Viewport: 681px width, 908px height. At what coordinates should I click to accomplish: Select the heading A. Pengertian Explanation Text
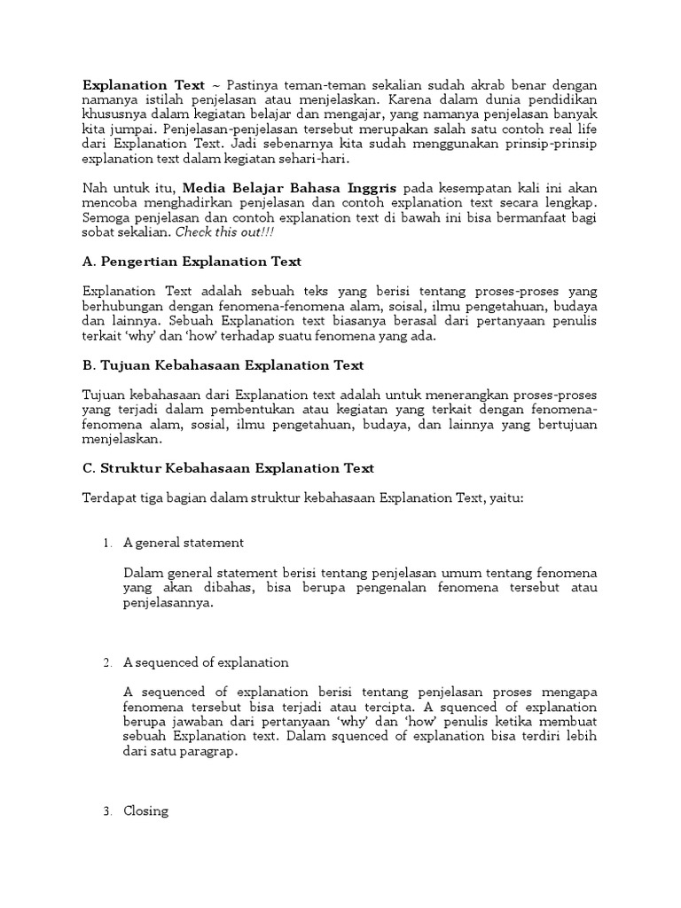coord(192,262)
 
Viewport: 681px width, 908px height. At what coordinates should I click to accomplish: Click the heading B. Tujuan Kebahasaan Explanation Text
coord(223,365)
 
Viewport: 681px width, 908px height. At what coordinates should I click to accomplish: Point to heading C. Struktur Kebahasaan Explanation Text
coord(228,468)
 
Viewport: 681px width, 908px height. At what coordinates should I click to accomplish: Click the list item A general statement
coord(184,543)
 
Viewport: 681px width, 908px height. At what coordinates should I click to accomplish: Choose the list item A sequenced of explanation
coord(206,662)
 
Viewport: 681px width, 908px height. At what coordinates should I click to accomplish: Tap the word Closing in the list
coord(145,810)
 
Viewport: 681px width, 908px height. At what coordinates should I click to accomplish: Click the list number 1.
coord(106,543)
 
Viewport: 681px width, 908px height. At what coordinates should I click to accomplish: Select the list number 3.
coord(106,810)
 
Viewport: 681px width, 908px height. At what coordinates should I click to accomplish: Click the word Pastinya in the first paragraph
coord(270,85)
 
